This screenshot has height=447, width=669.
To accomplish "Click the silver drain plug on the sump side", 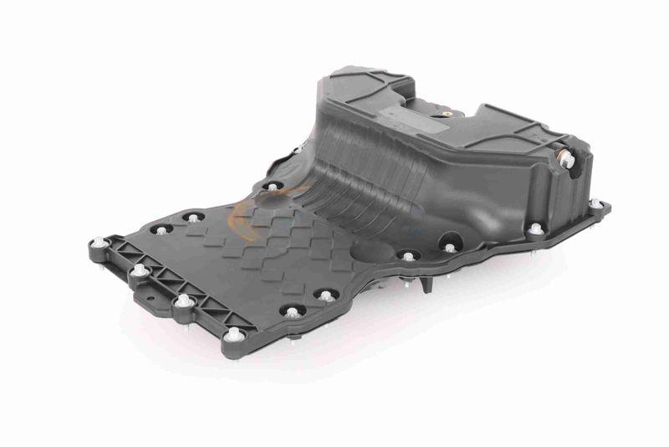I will [x=567, y=159].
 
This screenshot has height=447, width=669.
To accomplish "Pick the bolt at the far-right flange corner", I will [x=595, y=203].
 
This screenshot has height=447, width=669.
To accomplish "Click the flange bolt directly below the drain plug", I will [x=535, y=228].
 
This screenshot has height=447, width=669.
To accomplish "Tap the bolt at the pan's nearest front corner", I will [x=235, y=335].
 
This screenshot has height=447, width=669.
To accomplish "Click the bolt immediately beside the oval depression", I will [x=407, y=255].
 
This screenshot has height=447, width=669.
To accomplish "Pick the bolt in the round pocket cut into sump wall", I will [x=450, y=247].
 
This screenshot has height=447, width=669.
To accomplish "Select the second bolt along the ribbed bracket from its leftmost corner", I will [x=139, y=270].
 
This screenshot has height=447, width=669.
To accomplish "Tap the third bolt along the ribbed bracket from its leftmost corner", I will [x=183, y=299].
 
